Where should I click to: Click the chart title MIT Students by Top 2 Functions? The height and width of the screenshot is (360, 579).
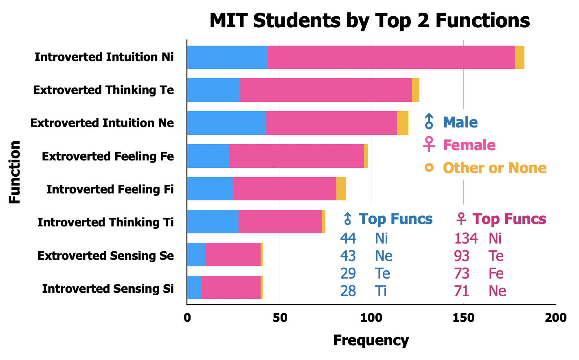click(370, 21)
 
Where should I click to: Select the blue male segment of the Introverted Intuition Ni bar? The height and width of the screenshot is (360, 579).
click(228, 57)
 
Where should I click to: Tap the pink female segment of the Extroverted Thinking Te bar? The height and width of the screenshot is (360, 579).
click(326, 90)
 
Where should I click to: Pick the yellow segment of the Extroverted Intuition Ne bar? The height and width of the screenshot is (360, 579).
click(403, 123)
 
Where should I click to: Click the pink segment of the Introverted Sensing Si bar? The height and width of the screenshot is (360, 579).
click(231, 288)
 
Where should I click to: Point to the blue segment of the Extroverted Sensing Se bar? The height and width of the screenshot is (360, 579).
click(196, 255)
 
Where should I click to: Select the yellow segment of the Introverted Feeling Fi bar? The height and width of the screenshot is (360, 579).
click(341, 189)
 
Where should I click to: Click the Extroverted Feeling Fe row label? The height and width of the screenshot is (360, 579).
click(108, 157)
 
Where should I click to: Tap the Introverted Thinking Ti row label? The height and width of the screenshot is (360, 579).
click(105, 223)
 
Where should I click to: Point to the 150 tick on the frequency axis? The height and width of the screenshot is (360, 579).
click(463, 318)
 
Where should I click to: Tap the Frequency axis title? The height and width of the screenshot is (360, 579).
click(371, 340)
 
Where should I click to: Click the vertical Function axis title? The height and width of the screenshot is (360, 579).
click(15, 172)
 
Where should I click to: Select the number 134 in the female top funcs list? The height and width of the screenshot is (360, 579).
click(466, 238)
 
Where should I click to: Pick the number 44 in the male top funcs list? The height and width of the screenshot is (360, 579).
click(348, 238)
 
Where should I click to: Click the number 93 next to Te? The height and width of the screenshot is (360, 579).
click(462, 256)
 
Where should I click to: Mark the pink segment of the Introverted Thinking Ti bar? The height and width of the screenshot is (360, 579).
click(280, 222)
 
